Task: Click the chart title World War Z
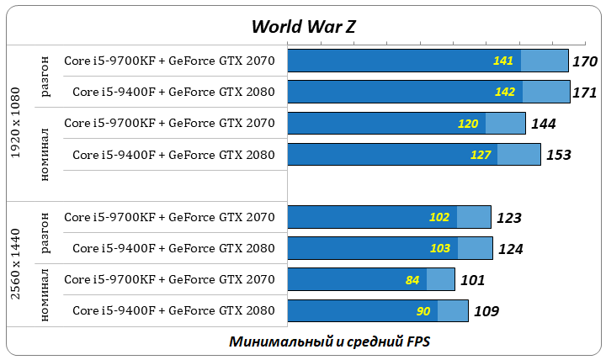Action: (x=303, y=26)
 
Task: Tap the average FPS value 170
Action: (x=584, y=61)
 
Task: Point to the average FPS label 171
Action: (x=584, y=93)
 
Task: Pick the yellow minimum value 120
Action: (x=468, y=124)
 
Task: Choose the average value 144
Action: (x=542, y=124)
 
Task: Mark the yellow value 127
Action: (x=480, y=155)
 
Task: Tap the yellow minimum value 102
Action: (x=439, y=217)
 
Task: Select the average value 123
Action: (x=508, y=218)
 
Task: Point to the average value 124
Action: (x=510, y=249)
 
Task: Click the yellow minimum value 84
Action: (x=412, y=280)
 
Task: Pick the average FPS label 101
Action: (x=471, y=280)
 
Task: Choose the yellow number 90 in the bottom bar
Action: (x=423, y=311)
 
